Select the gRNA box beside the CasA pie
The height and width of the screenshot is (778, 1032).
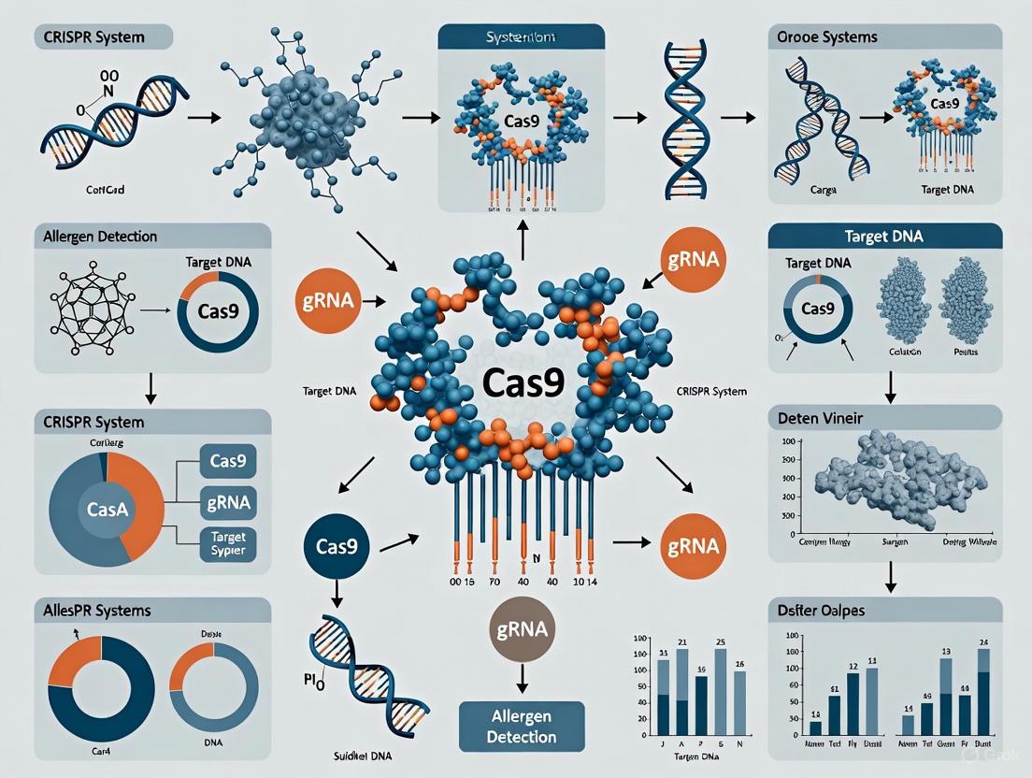pos(228,502)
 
